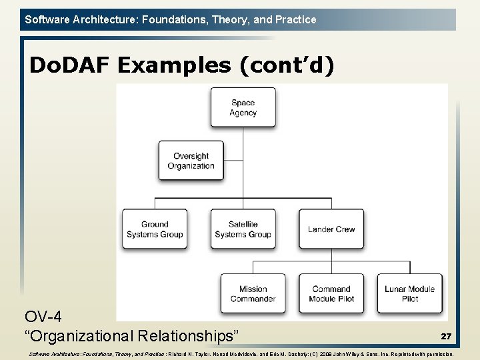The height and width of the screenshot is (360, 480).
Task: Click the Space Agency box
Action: [243, 107]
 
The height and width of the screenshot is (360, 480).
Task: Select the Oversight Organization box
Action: [191, 161]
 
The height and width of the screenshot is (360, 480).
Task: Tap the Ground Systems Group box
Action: [155, 229]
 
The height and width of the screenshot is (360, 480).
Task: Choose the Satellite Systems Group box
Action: [243, 229]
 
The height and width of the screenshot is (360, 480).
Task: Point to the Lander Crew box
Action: [331, 229]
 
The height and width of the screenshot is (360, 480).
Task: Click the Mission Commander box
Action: [253, 294]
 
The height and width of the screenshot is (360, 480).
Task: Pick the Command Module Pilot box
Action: [331, 294]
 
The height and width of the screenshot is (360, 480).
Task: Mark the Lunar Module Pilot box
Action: [410, 294]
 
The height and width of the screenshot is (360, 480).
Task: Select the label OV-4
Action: [43, 316]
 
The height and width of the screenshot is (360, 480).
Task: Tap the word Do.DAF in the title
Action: [70, 65]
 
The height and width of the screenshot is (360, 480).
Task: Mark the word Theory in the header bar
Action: [231, 19]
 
